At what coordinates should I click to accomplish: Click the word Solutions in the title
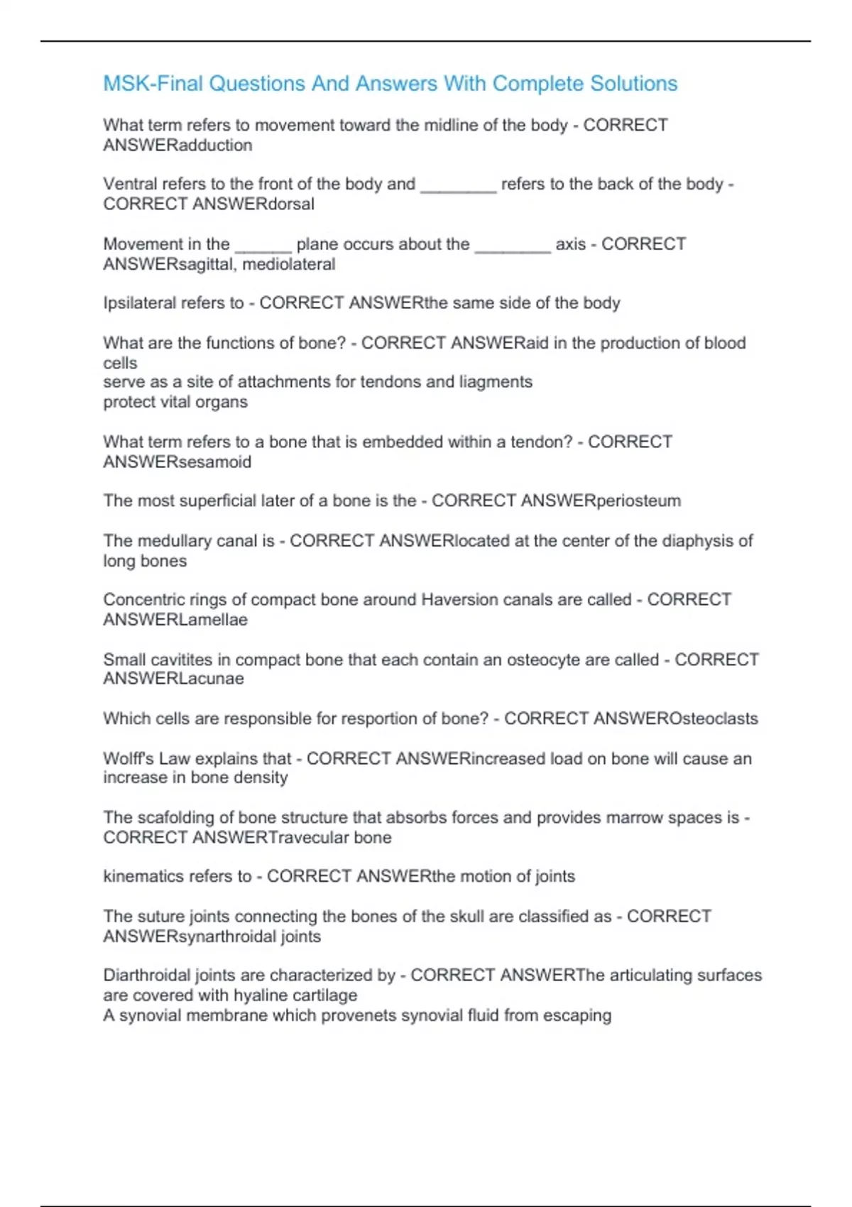(634, 84)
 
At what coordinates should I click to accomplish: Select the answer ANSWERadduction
(177, 145)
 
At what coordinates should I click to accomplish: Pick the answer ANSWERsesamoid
(177, 462)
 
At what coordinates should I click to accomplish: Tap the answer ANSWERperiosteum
(601, 501)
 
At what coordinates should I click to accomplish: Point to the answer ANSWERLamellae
(175, 620)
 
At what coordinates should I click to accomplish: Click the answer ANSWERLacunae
(173, 679)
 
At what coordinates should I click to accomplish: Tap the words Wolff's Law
(146, 758)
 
